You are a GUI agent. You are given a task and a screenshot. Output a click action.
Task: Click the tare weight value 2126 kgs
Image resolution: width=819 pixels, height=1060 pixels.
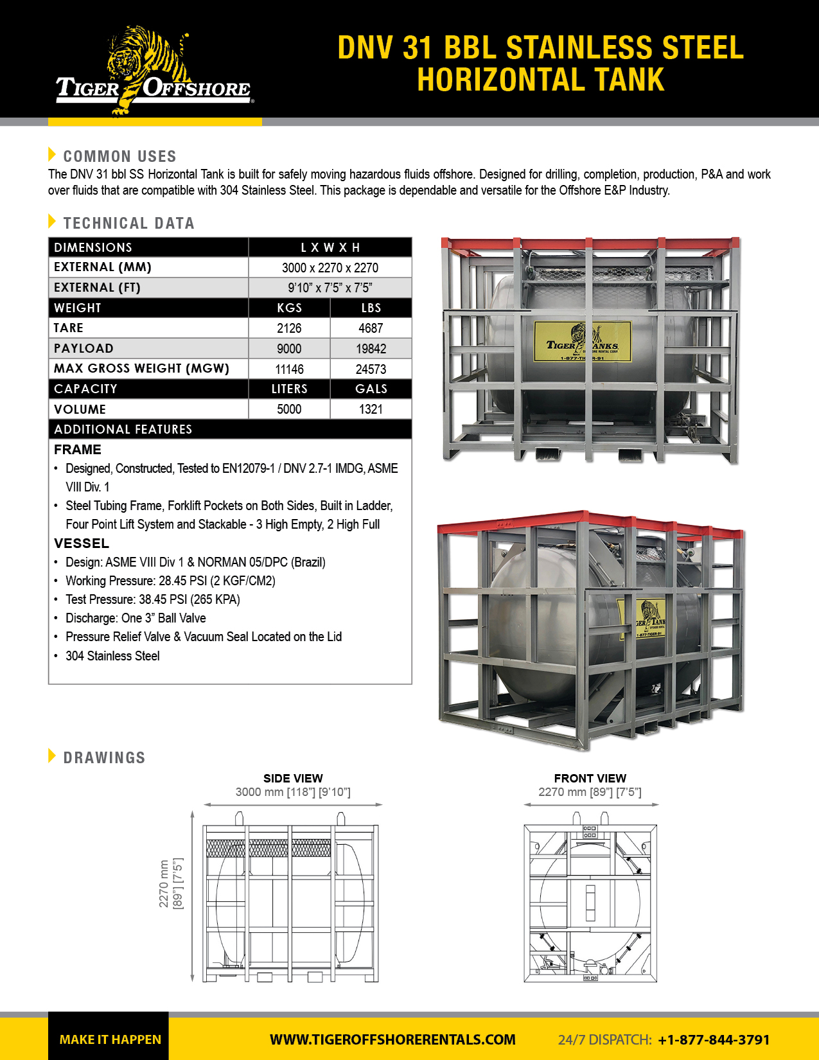tap(289, 328)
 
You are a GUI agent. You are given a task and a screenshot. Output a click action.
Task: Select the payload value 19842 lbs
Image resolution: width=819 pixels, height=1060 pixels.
tap(371, 349)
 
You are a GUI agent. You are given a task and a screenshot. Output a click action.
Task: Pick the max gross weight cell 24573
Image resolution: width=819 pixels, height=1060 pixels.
tap(371, 369)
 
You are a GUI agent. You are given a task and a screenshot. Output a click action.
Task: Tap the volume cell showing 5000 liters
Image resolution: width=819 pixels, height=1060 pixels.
tap(289, 409)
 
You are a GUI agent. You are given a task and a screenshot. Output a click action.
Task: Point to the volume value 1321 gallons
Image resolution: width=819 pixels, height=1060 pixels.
tap(371, 409)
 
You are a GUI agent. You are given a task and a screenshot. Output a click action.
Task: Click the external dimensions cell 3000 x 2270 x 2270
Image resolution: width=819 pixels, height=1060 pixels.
tap(330, 268)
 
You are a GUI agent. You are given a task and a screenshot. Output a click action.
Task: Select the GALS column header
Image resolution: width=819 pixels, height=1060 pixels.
tap(371, 389)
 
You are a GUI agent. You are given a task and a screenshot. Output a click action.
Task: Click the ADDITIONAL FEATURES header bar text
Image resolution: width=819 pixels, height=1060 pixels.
tap(123, 429)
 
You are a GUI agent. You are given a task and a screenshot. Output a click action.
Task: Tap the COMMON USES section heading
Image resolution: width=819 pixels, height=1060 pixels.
tap(119, 156)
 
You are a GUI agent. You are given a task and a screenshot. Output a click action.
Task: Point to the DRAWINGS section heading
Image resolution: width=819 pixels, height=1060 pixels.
tap(104, 757)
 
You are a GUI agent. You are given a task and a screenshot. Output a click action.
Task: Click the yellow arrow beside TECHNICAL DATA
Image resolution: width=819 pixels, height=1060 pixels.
tap(52, 222)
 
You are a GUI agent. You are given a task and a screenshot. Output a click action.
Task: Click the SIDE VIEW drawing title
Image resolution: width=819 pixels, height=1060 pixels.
tap(293, 778)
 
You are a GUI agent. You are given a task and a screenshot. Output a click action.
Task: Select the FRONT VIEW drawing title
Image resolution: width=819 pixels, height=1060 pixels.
tap(590, 778)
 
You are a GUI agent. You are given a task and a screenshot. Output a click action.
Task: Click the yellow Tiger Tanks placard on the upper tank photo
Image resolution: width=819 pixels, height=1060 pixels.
tap(582, 341)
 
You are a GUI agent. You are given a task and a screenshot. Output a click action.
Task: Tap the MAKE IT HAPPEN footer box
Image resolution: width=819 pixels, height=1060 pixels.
tap(109, 1039)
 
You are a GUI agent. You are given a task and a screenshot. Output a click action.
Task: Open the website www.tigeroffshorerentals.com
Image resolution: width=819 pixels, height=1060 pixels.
tap(392, 1039)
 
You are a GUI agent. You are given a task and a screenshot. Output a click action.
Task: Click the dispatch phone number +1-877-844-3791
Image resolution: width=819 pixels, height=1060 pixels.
tap(714, 1039)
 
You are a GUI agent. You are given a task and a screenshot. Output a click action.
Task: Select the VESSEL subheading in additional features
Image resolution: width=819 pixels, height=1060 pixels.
tap(82, 543)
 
